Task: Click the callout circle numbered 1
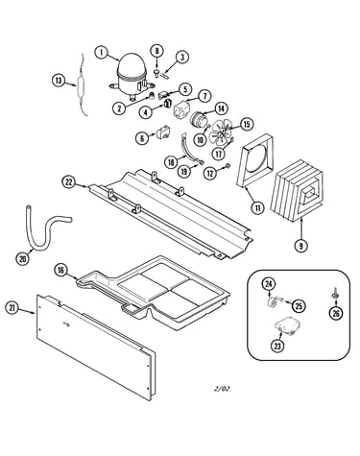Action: [x=102, y=53]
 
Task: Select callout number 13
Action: [x=59, y=81]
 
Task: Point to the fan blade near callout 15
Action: [x=220, y=133]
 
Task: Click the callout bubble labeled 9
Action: [x=301, y=246]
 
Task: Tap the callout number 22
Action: [x=68, y=182]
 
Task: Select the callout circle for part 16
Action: [x=60, y=270]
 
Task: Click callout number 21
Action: [x=12, y=308]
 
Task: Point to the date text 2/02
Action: [x=222, y=389]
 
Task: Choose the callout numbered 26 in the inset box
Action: [x=336, y=314]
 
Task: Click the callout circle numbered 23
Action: [x=277, y=346]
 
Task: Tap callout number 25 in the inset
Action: [x=299, y=306]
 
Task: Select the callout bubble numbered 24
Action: [x=269, y=283]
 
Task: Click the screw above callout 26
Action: [x=334, y=293]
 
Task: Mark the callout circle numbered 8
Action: [x=156, y=51]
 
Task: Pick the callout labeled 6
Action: [x=142, y=138]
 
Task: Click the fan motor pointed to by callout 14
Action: [x=199, y=119]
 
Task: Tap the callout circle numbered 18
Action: [x=171, y=162]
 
